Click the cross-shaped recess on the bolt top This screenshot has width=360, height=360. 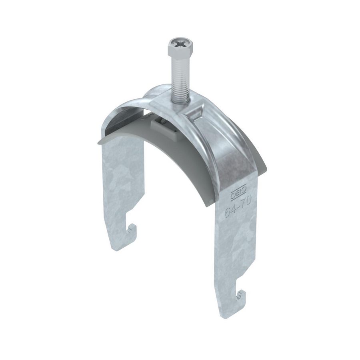coord(177,42)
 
